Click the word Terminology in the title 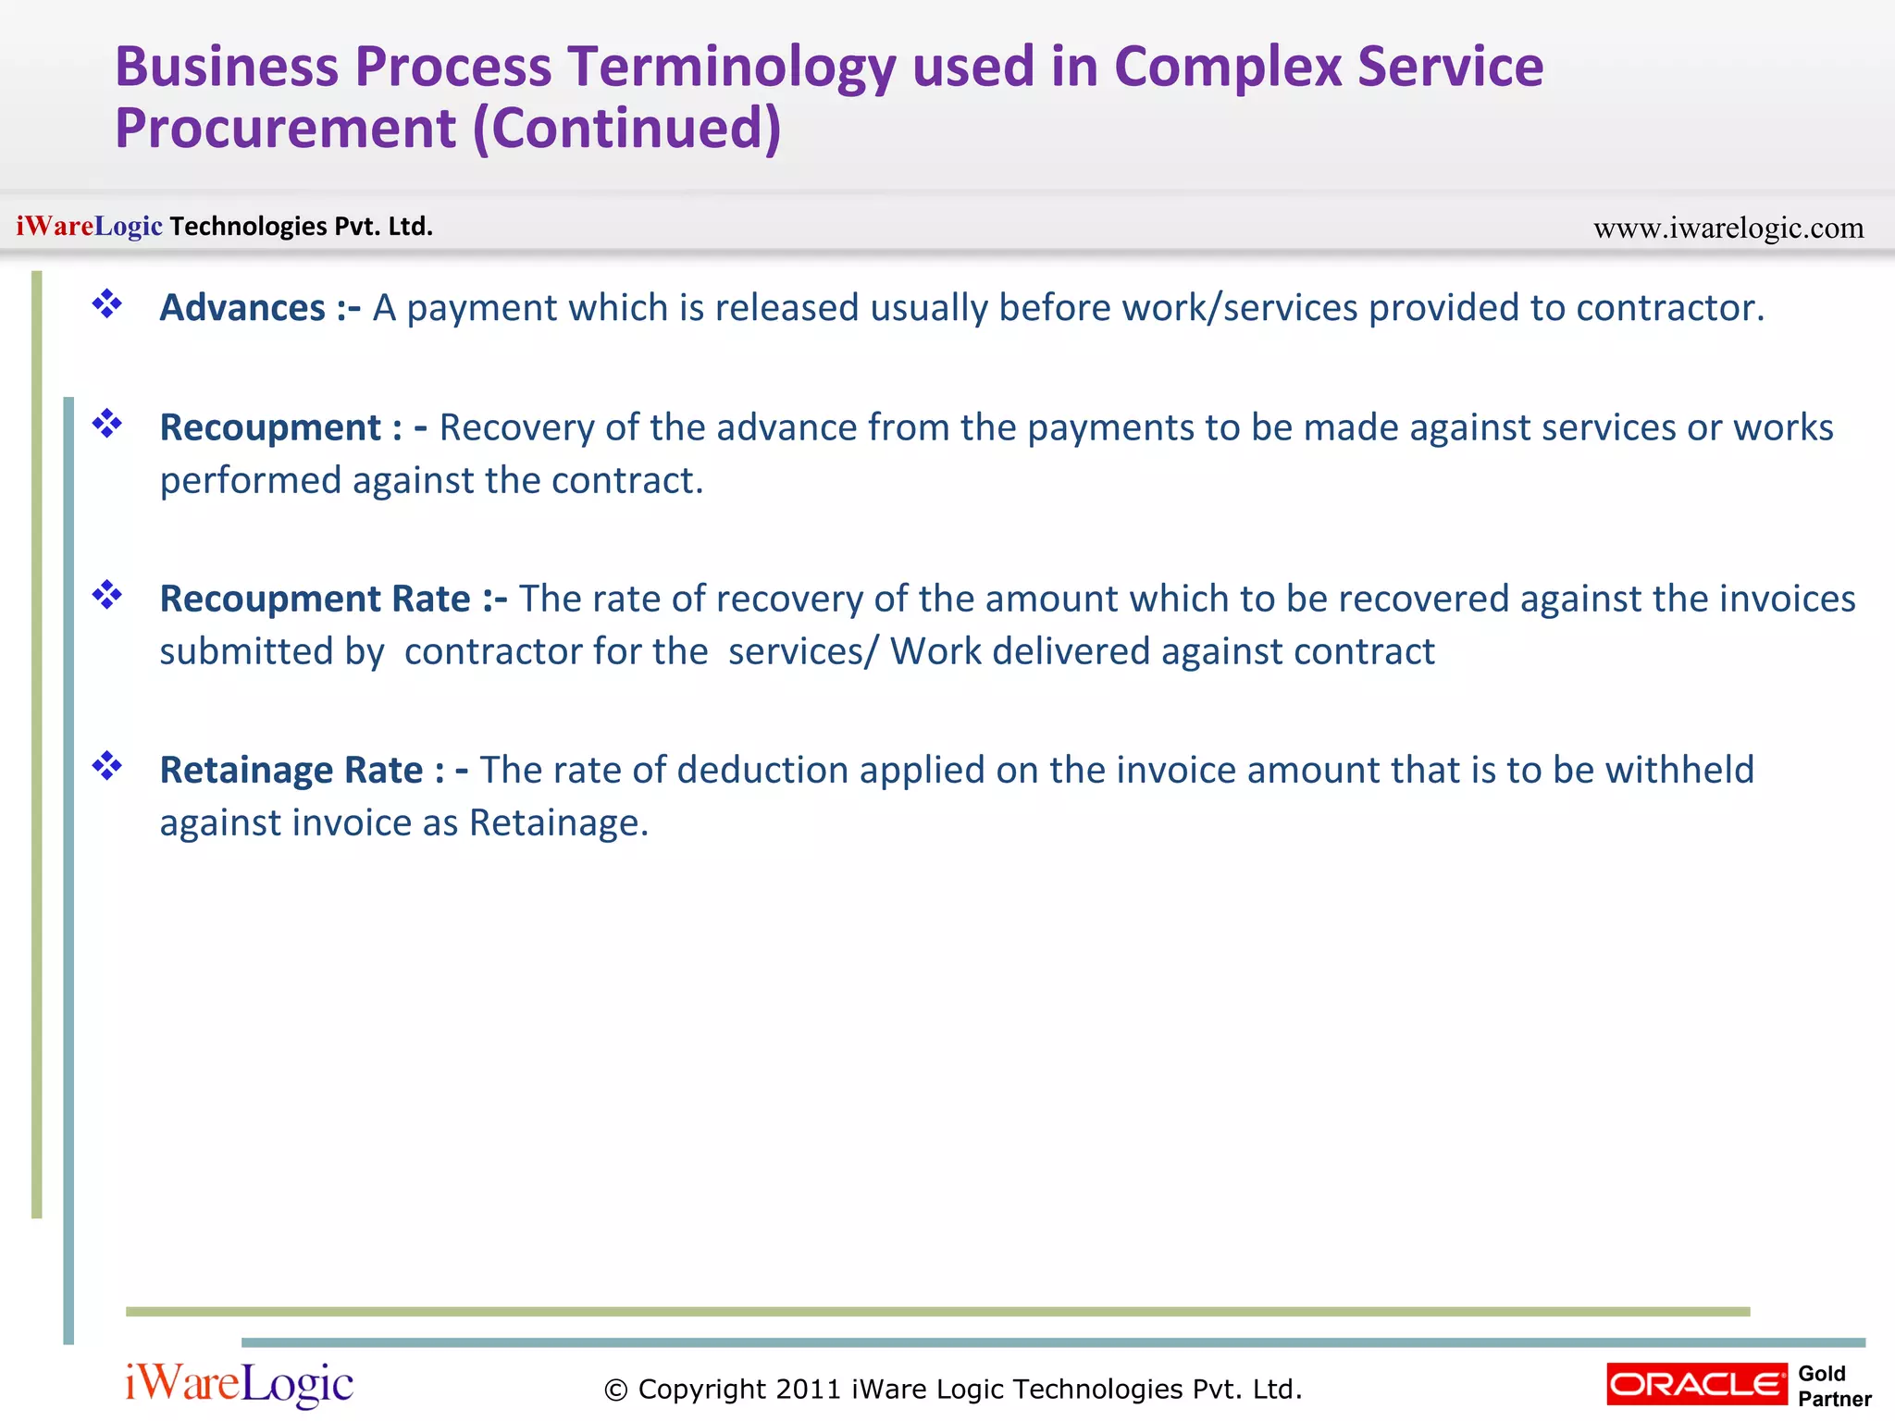(732, 68)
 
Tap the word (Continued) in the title (627, 129)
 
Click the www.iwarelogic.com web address (1728, 228)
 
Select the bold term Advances (242, 308)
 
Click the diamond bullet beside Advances (107, 303)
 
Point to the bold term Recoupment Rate (316, 599)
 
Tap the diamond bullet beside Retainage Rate (107, 766)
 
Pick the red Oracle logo (1697, 1384)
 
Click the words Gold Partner (1833, 1386)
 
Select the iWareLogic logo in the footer (239, 1385)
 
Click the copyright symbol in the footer (615, 1390)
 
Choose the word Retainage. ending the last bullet (559, 823)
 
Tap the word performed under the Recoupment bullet (251, 481)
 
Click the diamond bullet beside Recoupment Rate (107, 595)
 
